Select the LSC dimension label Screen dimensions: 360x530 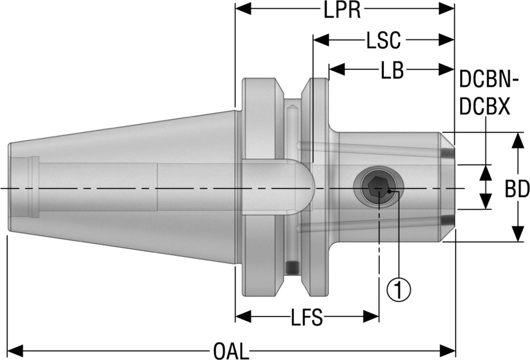(384, 40)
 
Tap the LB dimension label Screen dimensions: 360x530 (391, 70)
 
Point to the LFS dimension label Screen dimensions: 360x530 (306, 318)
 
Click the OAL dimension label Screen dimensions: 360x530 (229, 351)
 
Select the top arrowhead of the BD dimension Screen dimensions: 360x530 (517, 140)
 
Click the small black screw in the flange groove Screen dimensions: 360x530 (292, 267)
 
